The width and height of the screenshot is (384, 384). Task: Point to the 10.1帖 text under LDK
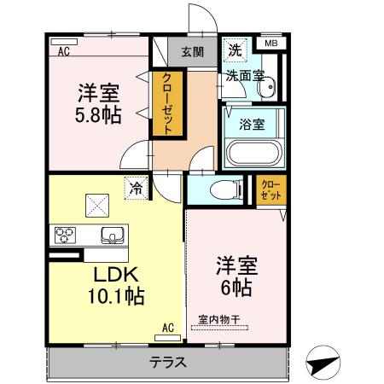tap(113, 296)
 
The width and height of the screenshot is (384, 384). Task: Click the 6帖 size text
tap(235, 287)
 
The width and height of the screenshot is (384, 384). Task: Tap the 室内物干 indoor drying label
tap(220, 320)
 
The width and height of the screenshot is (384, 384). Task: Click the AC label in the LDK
tap(167, 326)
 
